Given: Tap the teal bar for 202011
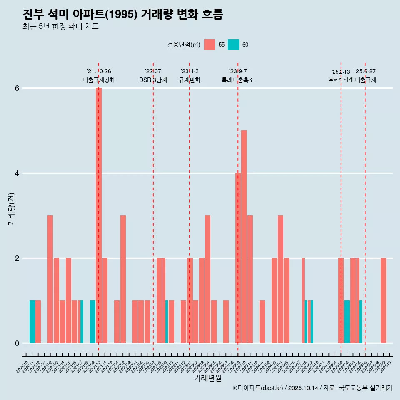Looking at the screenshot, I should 32,322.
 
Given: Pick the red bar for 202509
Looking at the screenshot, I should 383,300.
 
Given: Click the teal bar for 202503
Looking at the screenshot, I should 347,322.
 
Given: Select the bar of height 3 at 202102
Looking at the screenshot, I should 50,279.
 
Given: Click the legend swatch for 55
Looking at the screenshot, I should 210,45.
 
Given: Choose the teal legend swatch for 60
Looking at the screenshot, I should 233,45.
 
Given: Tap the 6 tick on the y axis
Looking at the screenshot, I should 17,88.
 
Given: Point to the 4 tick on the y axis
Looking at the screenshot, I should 17,173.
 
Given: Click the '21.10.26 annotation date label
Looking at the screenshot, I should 99,72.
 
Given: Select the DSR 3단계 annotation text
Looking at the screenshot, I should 153,80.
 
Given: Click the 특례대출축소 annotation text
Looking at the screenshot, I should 238,80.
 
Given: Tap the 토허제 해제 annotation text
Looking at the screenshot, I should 341,79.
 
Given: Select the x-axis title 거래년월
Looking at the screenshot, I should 207,378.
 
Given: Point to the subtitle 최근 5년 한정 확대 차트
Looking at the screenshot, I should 61,27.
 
